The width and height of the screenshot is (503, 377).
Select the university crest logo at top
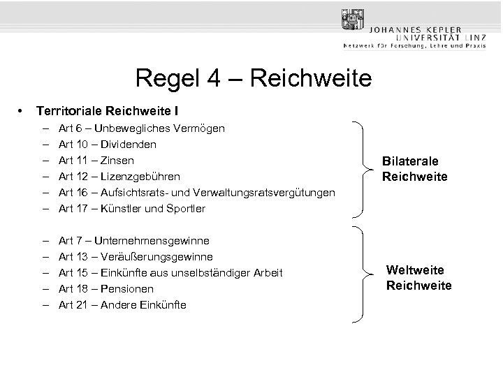(x=353, y=20)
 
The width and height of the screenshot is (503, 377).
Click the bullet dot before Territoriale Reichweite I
(x=23, y=110)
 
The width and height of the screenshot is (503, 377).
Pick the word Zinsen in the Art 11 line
(x=118, y=161)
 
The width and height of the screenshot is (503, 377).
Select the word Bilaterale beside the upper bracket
(x=410, y=161)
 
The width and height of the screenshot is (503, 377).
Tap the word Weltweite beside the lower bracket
(x=415, y=270)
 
